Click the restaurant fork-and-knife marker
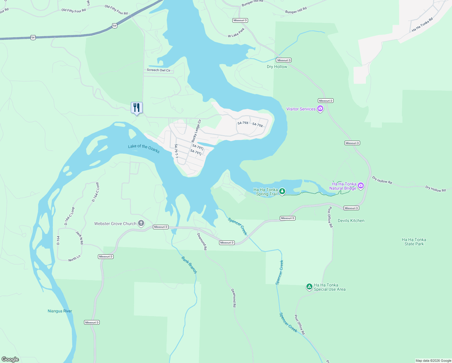click(x=137, y=108)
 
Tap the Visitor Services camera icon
click(x=320, y=109)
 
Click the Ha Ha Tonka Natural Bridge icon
click(x=360, y=186)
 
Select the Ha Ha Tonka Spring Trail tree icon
click(x=282, y=191)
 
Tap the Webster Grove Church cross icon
click(x=141, y=224)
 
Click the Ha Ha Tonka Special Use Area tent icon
click(x=309, y=287)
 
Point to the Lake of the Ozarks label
click(x=144, y=148)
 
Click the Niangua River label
click(x=60, y=311)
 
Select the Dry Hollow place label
click(x=277, y=67)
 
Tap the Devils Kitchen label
click(x=351, y=221)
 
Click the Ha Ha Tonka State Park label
click(x=414, y=242)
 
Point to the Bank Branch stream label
click(x=189, y=265)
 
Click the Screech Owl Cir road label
click(x=158, y=70)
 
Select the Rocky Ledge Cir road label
click(x=196, y=131)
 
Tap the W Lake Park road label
click(x=236, y=33)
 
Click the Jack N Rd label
click(x=79, y=238)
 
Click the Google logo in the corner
click(x=10, y=359)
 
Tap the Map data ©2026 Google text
click(x=433, y=361)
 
